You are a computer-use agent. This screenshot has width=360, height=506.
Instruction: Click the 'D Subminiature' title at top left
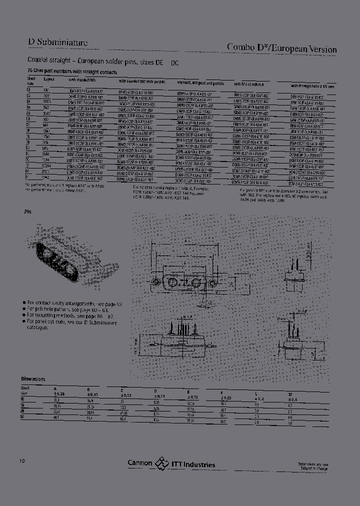click(57, 42)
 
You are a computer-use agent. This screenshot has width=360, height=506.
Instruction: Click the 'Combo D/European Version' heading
click(281, 48)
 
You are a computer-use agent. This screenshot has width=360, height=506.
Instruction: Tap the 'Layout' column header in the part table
click(48, 79)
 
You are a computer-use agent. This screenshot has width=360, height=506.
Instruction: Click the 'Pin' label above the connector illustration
click(28, 212)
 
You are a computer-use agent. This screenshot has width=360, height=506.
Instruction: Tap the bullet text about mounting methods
click(70, 316)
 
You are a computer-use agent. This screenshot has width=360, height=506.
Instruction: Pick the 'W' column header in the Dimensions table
click(290, 394)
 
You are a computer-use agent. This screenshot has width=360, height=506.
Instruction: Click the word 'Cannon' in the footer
click(140, 463)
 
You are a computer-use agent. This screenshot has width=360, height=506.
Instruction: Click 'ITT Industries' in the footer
click(193, 464)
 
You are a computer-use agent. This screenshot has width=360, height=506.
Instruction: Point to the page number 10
click(22, 460)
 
